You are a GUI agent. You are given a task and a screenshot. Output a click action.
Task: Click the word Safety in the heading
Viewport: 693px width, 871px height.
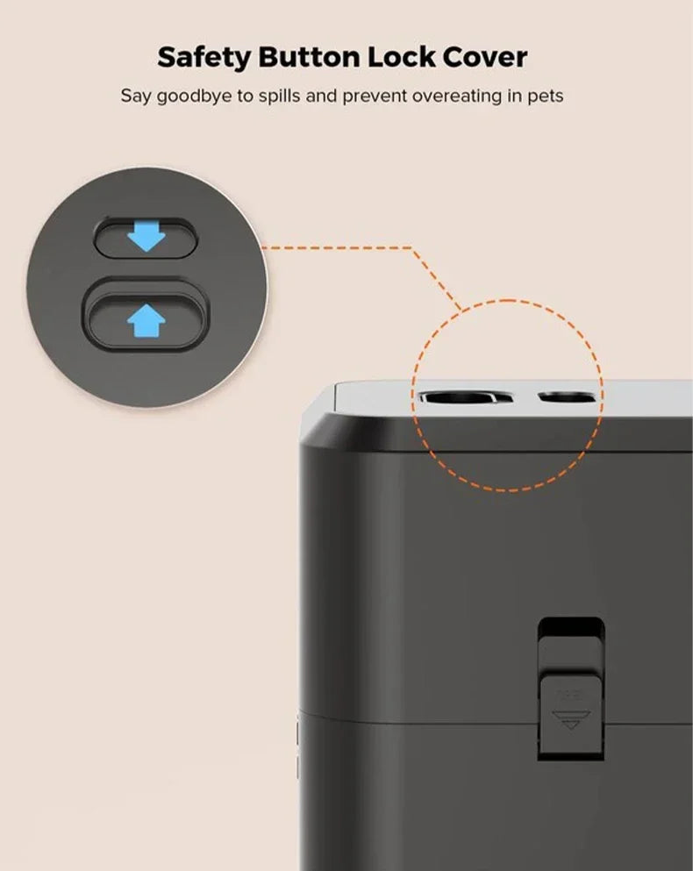201,58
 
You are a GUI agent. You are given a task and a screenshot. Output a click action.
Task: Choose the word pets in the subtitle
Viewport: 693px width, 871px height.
546,96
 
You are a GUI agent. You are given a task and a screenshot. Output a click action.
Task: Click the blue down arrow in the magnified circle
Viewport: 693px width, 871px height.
146,237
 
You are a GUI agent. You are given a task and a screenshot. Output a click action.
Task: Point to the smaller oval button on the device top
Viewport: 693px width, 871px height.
566,398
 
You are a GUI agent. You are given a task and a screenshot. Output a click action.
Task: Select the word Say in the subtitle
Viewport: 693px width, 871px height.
136,96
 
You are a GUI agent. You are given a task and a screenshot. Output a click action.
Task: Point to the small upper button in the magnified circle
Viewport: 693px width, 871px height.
146,237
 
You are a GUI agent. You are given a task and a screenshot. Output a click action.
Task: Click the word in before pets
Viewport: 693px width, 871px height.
514,95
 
